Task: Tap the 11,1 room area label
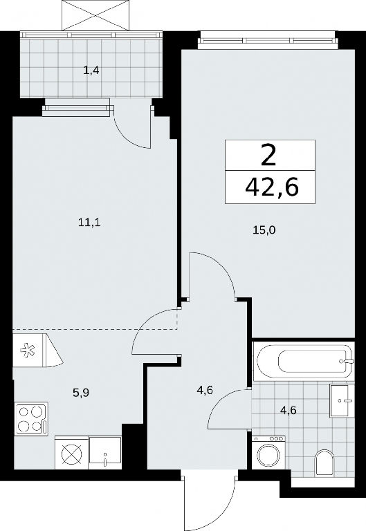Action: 90,223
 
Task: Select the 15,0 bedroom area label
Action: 264,230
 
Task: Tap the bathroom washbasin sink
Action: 342,400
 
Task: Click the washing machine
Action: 268,452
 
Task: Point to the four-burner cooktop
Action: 31,419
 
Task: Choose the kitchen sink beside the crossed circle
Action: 105,453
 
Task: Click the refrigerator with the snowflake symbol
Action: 38,350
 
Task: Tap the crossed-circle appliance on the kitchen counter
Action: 71,453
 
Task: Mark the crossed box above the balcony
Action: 96,15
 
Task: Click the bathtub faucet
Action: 348,362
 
